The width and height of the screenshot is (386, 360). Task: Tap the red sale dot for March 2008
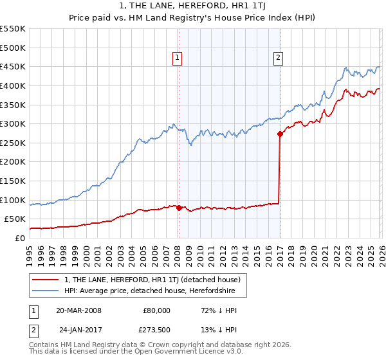(x=179, y=208)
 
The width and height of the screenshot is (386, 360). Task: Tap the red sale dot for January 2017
(x=280, y=134)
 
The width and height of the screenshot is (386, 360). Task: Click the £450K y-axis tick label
(x=13, y=66)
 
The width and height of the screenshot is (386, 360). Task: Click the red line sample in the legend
(x=46, y=280)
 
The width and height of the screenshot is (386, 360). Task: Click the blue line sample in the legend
(x=46, y=291)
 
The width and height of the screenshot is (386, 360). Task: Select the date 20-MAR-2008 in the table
(x=78, y=310)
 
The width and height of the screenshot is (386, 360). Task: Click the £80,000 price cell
(x=157, y=310)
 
